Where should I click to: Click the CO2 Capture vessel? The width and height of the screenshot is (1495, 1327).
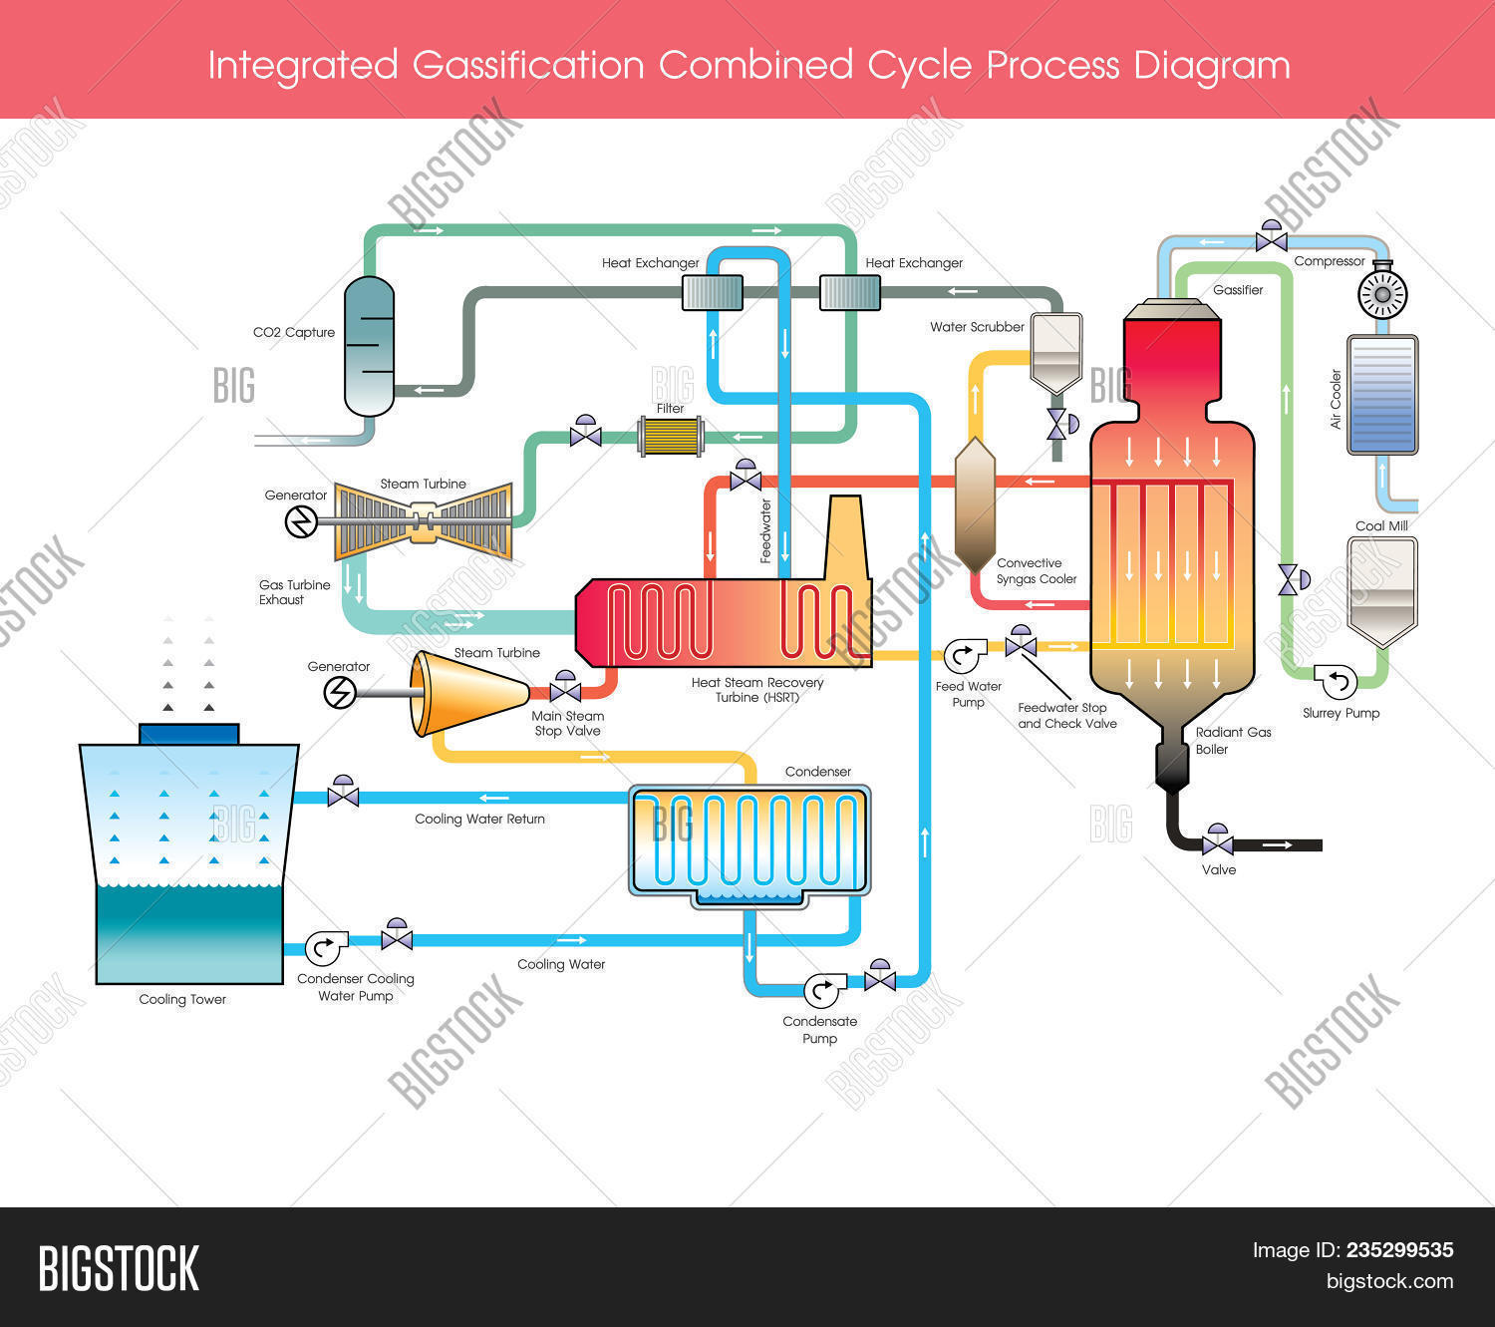point(369,346)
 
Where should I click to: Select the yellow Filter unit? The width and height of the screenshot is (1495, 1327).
point(671,437)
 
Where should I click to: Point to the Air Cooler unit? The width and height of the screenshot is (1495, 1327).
point(1382,394)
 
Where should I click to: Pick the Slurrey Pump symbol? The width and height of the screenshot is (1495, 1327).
point(1337,681)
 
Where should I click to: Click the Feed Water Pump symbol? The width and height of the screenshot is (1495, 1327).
point(964,656)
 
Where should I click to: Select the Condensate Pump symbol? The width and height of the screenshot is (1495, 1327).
point(822,990)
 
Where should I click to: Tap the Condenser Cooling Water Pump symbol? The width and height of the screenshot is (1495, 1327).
point(325,947)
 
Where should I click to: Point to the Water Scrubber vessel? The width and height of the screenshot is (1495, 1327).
point(1055,352)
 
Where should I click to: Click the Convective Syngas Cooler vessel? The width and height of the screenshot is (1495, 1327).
point(975,505)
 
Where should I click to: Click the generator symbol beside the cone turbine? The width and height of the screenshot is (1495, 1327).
point(341,692)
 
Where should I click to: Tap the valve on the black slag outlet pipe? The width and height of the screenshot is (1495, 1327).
point(1217,843)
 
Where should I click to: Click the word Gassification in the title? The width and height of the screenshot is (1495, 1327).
point(528,66)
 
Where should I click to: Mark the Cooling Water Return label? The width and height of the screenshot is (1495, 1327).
point(479,820)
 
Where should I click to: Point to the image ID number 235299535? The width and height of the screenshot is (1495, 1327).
point(1399,1250)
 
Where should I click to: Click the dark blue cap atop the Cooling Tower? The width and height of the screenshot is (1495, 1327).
point(188,734)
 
